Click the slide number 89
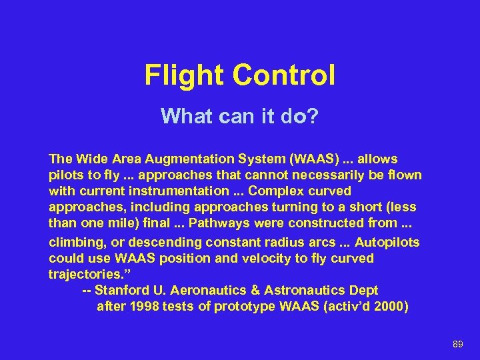457,344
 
